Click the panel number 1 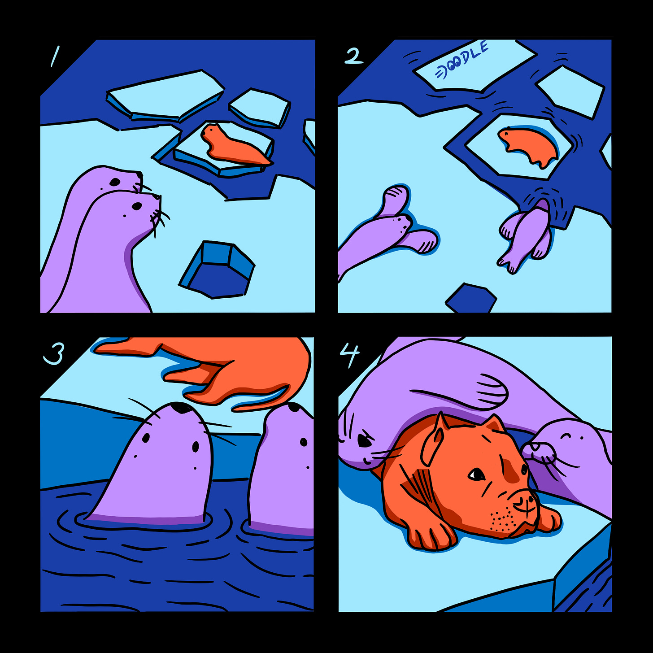55,56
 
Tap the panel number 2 353,56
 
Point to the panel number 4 349,355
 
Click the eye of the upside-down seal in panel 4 364,440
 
